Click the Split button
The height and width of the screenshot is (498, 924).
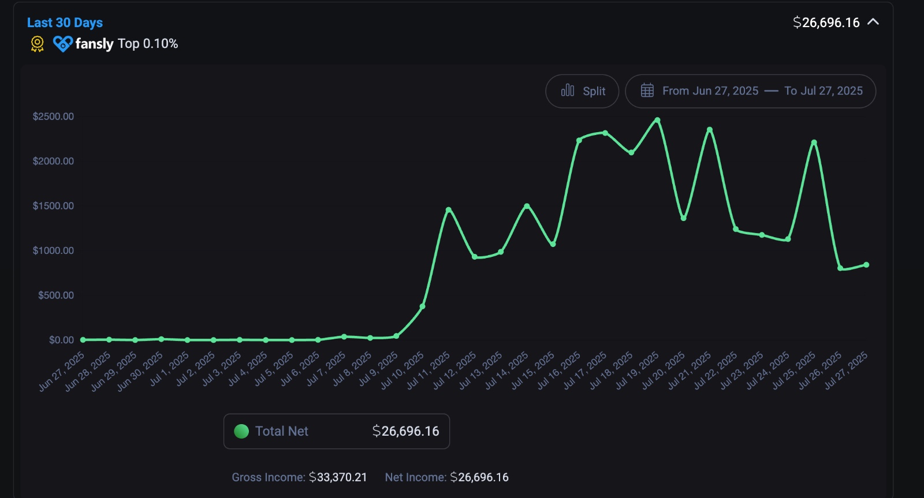[x=582, y=91]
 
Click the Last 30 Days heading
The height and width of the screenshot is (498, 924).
[x=65, y=23]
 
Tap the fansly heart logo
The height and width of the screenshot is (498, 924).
[x=62, y=44]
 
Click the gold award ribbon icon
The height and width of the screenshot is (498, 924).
[x=37, y=44]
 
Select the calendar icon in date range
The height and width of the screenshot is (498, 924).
[x=647, y=91]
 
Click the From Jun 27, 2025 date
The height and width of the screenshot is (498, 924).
[x=710, y=91]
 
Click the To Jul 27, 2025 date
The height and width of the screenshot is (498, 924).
[x=823, y=91]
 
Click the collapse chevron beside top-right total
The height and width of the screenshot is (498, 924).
[x=873, y=22]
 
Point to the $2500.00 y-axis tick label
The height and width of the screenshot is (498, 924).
[x=53, y=117]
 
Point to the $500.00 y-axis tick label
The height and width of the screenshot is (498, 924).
[x=55, y=295]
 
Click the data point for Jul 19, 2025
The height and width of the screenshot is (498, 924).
[x=657, y=120]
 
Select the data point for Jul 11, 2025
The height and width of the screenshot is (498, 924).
[x=448, y=209]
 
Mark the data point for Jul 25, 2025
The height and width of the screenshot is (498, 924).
[x=814, y=143]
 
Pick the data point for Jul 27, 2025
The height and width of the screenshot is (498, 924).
[x=866, y=265]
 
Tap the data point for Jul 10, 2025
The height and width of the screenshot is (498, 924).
[x=422, y=306]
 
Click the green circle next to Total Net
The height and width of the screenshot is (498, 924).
[x=241, y=431]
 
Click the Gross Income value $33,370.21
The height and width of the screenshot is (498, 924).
[x=338, y=477]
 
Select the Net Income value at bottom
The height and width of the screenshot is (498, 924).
[x=479, y=477]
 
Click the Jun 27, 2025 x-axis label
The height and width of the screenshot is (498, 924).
[x=62, y=372]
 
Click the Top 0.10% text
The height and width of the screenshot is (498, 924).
[x=148, y=44]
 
